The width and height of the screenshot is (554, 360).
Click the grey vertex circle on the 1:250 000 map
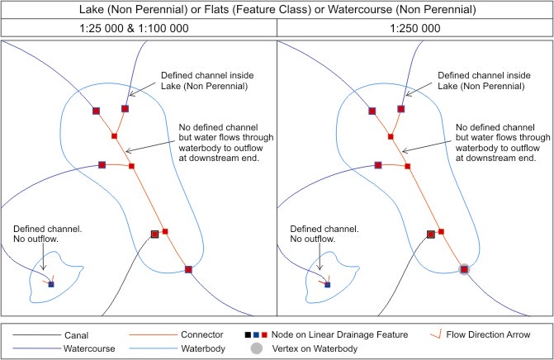tap(465, 269)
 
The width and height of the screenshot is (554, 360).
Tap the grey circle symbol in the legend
tap(256, 348)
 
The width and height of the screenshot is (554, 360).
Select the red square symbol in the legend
tap(264, 335)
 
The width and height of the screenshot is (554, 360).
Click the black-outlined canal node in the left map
tap(154, 234)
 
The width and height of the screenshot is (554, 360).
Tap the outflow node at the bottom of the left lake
tap(188, 269)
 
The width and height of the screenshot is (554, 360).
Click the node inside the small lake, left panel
tap(51, 285)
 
